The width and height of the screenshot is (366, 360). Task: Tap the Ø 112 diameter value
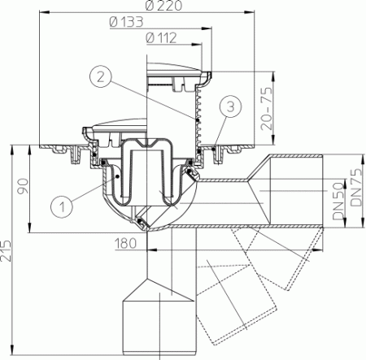pyautogui.click(x=160, y=37)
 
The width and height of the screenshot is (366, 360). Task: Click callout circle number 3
pyautogui.click(x=232, y=105)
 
